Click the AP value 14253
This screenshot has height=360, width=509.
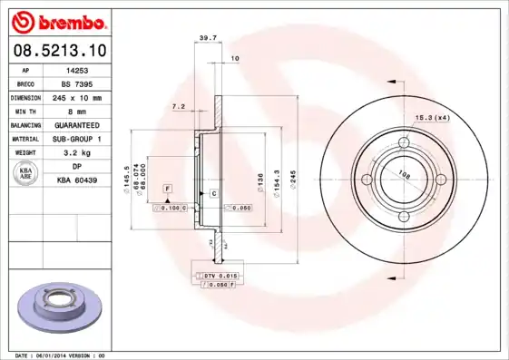77,69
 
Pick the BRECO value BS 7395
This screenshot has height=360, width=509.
77,83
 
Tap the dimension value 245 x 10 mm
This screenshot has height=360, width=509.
77,96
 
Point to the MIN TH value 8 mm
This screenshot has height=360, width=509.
77,110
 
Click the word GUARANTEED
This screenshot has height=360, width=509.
77,124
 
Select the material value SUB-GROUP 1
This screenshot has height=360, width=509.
77,138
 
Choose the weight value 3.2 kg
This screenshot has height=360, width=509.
77,152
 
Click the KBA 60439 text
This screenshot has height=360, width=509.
77,180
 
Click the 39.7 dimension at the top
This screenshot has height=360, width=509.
207,37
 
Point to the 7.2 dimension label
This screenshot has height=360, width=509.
178,106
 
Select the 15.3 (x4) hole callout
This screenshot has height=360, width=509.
433,117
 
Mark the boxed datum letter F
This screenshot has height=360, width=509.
168,188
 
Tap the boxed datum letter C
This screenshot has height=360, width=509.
213,194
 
